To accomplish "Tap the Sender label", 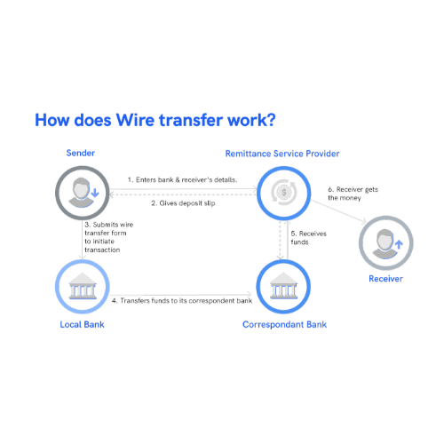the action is pos(81,153).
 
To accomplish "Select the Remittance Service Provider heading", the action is pos(282,154).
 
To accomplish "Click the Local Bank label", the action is pos(83,324).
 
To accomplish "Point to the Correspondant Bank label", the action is pos(285,325).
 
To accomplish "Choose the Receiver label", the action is pos(385,279).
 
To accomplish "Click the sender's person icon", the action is pos(81,193).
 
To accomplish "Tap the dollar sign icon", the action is pos(284,193).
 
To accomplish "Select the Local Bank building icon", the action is pos(83,286).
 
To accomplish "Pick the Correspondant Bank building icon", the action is pos(283,286).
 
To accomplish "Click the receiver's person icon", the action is pos(385,243).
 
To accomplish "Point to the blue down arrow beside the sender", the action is pos(95,192).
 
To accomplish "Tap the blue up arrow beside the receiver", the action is pos(399,244).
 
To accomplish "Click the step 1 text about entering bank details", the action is pos(182,179).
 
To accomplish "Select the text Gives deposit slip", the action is pos(183,203).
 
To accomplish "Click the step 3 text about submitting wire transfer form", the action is pos(108,237).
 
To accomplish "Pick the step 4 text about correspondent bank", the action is pos(182,301).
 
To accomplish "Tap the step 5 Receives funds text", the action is pos(308,238).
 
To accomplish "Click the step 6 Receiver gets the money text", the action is pos(353,194).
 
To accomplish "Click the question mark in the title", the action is pos(271,120).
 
